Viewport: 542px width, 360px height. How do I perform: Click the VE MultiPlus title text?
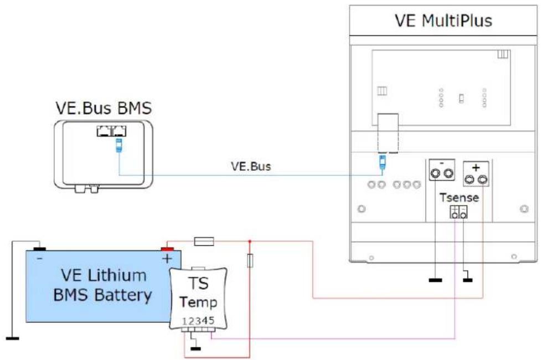pyautogui.click(x=443, y=21)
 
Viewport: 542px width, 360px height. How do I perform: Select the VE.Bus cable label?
pyautogui.click(x=251, y=166)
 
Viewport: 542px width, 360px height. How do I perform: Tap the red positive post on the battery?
pyautogui.click(x=168, y=249)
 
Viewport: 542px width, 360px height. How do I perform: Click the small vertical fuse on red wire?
pyautogui.click(x=250, y=261)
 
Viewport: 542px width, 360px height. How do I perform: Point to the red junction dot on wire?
pyautogui.click(x=250, y=241)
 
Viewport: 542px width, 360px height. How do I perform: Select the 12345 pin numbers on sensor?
pyautogui.click(x=198, y=321)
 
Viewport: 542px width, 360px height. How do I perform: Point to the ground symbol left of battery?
pyautogui.click(x=11, y=337)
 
